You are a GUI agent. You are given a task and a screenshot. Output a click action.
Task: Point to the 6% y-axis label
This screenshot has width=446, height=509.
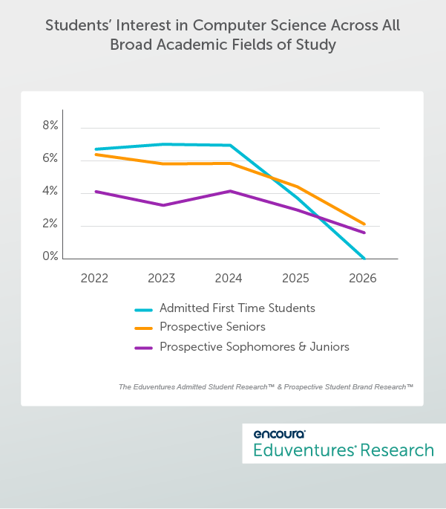click(x=50, y=159)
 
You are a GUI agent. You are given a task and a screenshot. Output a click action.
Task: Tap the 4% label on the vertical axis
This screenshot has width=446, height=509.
click(x=50, y=192)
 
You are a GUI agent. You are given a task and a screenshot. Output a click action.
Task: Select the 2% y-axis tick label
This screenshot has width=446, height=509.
click(x=50, y=224)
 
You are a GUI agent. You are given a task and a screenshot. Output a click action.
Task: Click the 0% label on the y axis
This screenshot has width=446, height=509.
click(x=50, y=256)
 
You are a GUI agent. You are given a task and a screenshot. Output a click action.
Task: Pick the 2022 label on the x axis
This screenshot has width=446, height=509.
click(x=94, y=279)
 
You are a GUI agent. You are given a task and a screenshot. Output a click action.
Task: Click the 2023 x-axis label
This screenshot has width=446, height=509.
click(x=162, y=279)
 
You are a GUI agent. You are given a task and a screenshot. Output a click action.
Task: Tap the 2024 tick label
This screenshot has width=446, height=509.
click(x=229, y=279)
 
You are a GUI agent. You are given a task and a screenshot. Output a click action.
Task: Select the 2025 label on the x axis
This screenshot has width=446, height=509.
click(x=296, y=279)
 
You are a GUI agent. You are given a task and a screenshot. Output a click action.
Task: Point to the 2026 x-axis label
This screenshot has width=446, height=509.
click(x=363, y=279)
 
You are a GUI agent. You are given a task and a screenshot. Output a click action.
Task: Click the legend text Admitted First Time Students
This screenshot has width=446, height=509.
click(x=237, y=308)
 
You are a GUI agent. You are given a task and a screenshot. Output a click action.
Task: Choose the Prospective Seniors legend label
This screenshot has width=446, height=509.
click(x=212, y=327)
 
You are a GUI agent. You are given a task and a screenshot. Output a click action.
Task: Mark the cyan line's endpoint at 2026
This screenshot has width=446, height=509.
click(x=364, y=259)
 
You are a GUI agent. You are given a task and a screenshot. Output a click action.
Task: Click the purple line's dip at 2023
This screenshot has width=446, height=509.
click(x=163, y=205)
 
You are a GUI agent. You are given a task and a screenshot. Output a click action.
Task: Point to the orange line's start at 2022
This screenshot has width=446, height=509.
click(x=96, y=155)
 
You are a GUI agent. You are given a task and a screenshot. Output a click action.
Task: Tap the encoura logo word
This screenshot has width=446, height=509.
click(x=279, y=434)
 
